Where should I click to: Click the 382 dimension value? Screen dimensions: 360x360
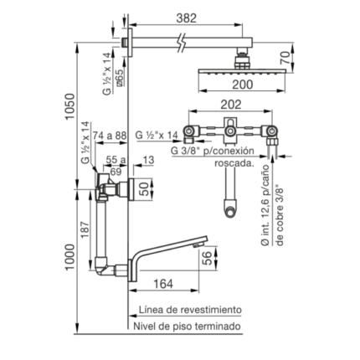coord(187,18)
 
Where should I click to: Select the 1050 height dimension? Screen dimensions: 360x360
coord(69,106)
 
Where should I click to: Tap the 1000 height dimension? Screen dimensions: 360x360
coord(69,257)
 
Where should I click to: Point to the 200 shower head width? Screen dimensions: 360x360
coord(243,85)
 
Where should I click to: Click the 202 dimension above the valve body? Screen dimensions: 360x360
coord(231,105)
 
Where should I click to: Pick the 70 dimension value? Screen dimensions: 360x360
coord(285,58)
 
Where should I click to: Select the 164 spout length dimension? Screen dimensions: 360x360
coord(163,284)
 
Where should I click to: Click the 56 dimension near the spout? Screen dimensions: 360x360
coord(207,258)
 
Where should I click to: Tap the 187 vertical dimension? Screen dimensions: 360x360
coord(85,230)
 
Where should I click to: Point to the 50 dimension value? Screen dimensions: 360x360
coord(144,190)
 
